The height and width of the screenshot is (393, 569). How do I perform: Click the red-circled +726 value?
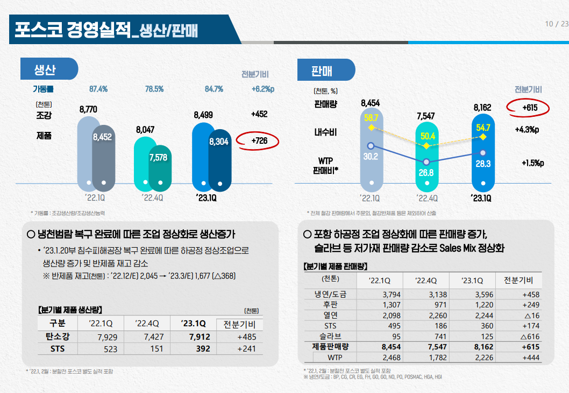[259, 141]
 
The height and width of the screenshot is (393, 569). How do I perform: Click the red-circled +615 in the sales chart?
[530, 108]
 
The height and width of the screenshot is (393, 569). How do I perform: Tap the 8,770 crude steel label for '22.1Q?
[88, 109]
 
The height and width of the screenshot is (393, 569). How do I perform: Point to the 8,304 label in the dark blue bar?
[219, 142]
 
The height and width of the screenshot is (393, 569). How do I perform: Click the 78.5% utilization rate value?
[154, 89]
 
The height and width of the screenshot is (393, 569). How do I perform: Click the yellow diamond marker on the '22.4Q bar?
[426, 145]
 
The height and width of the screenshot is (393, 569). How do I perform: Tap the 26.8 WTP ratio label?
[426, 173]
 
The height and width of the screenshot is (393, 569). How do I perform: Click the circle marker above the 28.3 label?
[483, 153]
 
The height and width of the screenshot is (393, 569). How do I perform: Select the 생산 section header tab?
[48, 69]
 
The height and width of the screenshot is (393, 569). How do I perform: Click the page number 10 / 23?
[556, 24]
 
